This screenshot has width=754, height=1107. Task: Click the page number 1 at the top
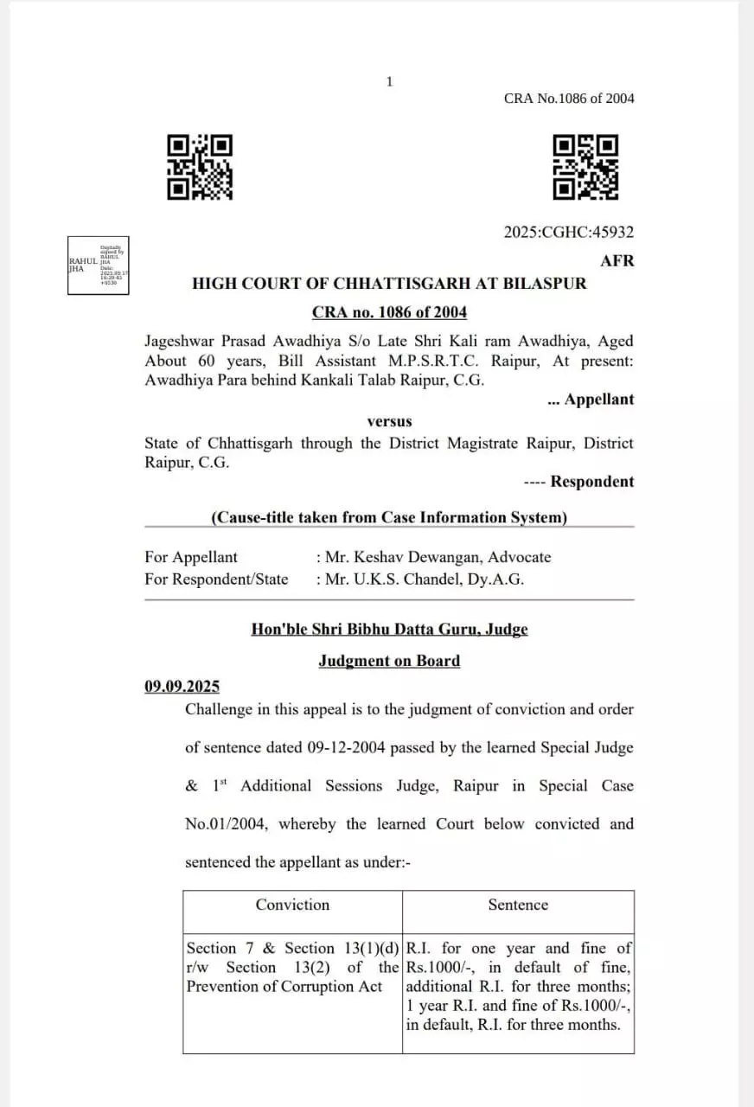389,81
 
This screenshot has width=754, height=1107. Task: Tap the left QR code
200,167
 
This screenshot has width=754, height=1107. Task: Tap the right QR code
585,167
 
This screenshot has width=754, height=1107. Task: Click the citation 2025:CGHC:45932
568,232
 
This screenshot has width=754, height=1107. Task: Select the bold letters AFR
617,260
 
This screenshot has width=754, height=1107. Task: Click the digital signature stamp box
99,266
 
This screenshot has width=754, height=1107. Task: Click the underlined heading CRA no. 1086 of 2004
389,312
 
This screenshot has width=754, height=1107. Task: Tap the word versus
389,421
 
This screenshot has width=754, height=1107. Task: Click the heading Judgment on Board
389,661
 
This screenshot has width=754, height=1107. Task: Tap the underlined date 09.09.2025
182,687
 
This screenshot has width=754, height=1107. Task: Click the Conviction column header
292,905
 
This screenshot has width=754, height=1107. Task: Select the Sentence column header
518,905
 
